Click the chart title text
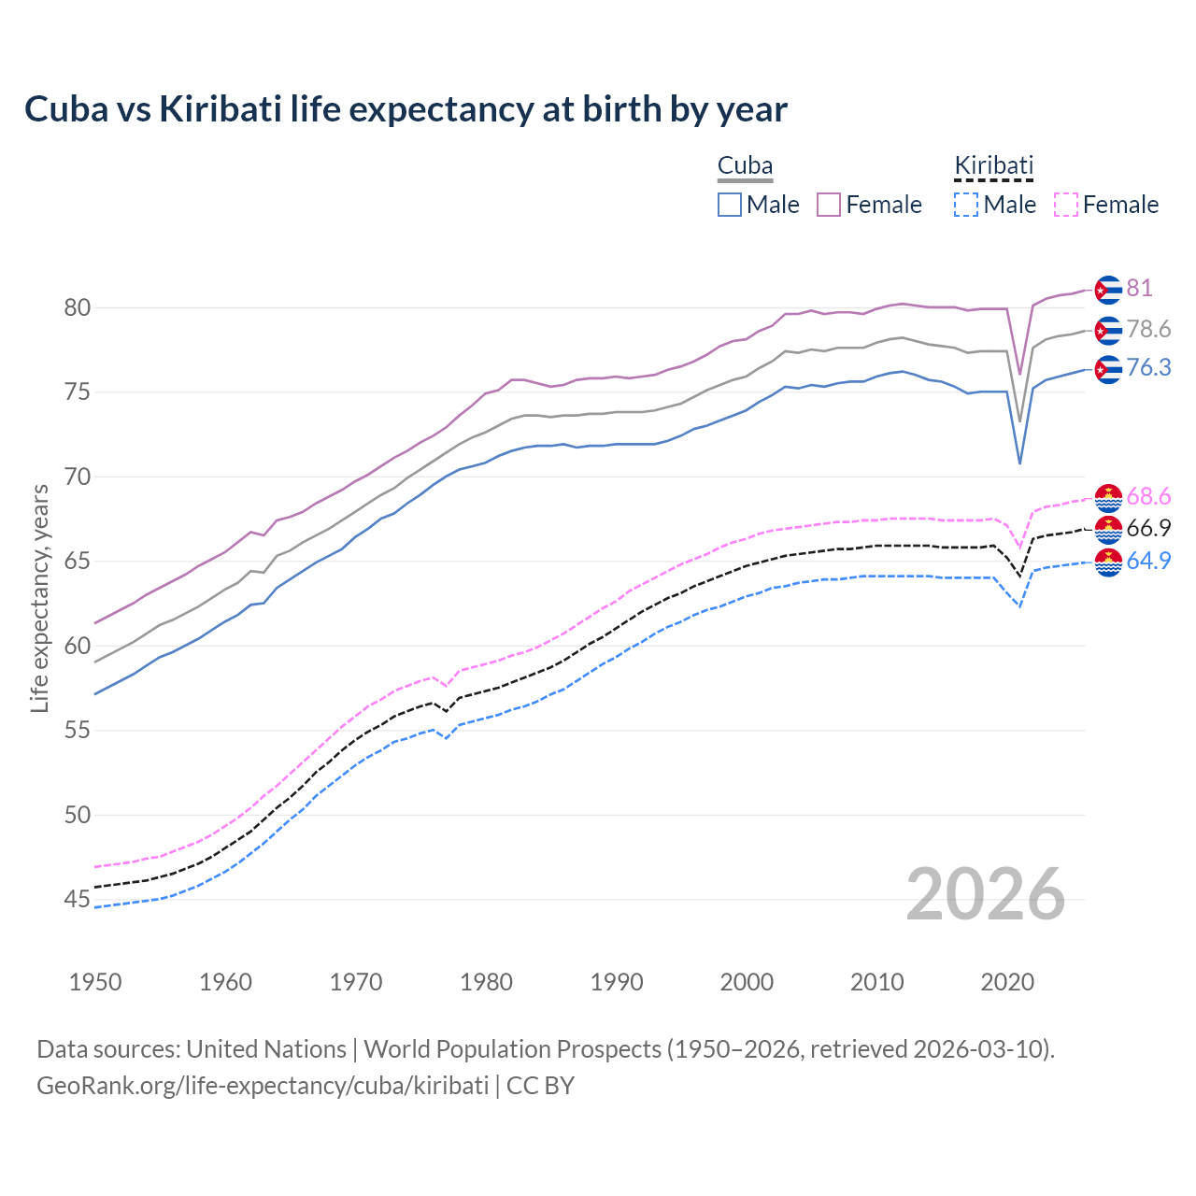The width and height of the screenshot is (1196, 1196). tap(406, 109)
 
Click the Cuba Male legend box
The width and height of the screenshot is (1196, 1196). tap(730, 205)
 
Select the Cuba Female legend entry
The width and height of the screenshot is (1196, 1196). tap(869, 205)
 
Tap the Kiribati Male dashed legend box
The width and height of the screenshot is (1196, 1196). tap(966, 205)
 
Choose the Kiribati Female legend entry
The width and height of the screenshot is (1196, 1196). tap(1106, 205)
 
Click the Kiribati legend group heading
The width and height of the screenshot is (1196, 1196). tap(993, 166)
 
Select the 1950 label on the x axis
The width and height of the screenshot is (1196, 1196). tap(95, 982)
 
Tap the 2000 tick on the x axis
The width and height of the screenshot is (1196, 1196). tap(747, 982)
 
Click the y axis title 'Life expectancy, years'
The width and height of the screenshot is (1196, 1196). tap(39, 598)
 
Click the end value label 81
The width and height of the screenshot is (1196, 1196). tap(1139, 288)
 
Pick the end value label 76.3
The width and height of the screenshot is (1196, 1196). tap(1148, 368)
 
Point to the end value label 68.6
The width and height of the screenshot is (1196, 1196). tap(1148, 496)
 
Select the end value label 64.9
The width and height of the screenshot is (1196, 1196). tap(1148, 561)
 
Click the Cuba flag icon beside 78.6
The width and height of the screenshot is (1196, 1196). tap(1108, 331)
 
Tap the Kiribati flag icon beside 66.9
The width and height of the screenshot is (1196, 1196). tap(1108, 530)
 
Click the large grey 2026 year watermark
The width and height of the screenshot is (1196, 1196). tap(986, 894)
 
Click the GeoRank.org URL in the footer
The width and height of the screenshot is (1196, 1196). tap(263, 1086)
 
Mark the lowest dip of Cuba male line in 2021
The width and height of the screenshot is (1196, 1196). tap(1019, 463)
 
